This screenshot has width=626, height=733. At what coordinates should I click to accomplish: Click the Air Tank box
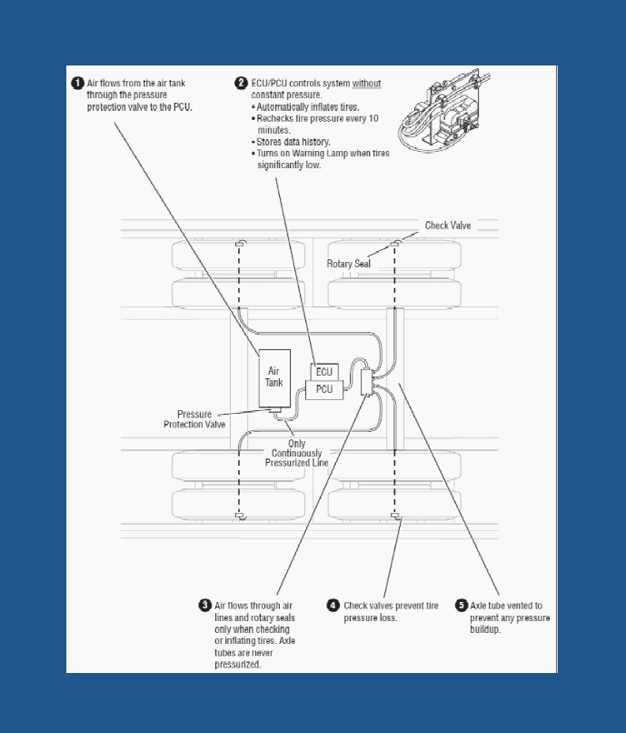[274, 377]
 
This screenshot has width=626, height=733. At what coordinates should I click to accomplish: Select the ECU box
[324, 372]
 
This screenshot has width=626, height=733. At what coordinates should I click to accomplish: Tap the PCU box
[323, 389]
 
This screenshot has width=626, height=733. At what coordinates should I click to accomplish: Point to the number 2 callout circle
[242, 84]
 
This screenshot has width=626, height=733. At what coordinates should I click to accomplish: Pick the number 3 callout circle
[205, 606]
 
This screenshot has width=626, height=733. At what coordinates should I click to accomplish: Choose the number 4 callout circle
[334, 606]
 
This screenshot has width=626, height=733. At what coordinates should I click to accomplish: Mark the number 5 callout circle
[462, 606]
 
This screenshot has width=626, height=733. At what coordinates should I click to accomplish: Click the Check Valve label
[448, 225]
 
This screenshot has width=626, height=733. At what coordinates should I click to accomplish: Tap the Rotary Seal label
[349, 264]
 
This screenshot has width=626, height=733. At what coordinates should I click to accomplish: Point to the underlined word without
[367, 84]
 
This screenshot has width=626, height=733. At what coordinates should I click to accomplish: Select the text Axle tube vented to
[506, 606]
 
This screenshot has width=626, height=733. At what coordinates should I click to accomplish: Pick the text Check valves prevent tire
[391, 606]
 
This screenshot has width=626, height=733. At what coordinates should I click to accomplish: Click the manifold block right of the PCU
[368, 382]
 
